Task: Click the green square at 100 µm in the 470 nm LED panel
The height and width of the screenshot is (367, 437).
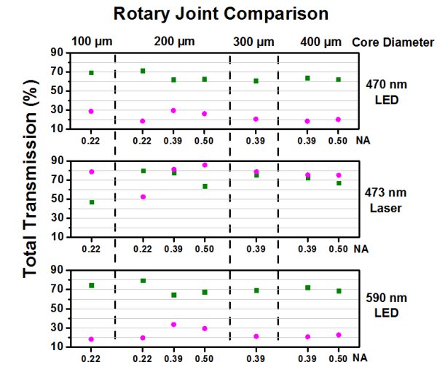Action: coord(91,73)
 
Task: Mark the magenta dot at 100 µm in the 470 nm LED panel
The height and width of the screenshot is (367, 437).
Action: coord(91,112)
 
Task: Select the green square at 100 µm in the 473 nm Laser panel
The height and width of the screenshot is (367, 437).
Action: coord(91,202)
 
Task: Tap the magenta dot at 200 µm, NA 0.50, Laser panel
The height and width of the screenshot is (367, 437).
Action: coord(205,165)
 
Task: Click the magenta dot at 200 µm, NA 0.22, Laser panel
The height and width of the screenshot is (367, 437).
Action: coord(143,197)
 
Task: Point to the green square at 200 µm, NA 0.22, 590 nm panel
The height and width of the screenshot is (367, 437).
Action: coord(143,281)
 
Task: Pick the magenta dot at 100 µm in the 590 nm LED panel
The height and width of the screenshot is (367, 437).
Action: coord(91,339)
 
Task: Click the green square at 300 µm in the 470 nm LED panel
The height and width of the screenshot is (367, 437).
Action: coord(256,81)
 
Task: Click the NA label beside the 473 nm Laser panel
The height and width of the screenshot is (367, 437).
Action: coord(357,249)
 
